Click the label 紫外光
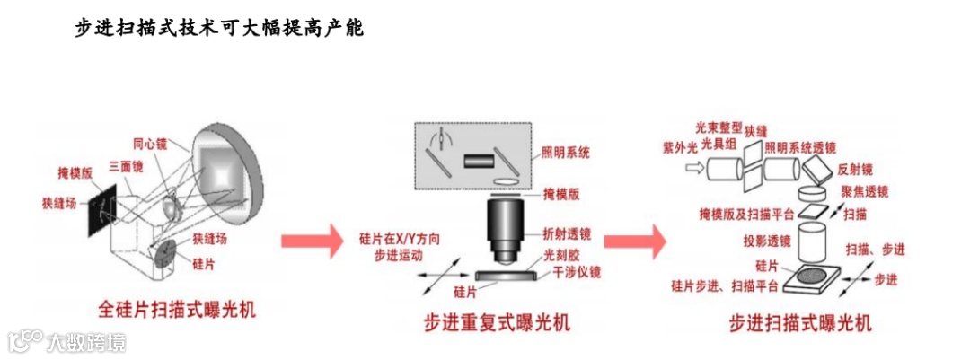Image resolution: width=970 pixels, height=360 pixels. click(680, 146)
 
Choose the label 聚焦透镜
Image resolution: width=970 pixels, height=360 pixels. click(864, 192)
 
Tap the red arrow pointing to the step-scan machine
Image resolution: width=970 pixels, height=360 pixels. click(634, 241)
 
